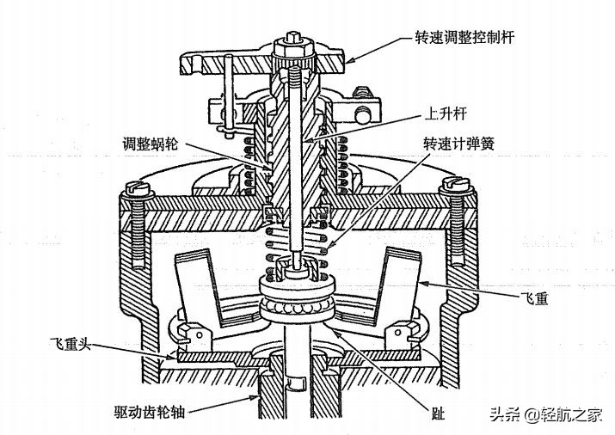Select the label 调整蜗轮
tap(151, 143)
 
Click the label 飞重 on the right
tap(532, 298)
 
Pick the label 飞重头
tap(70, 344)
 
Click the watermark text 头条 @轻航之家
tap(546, 415)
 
